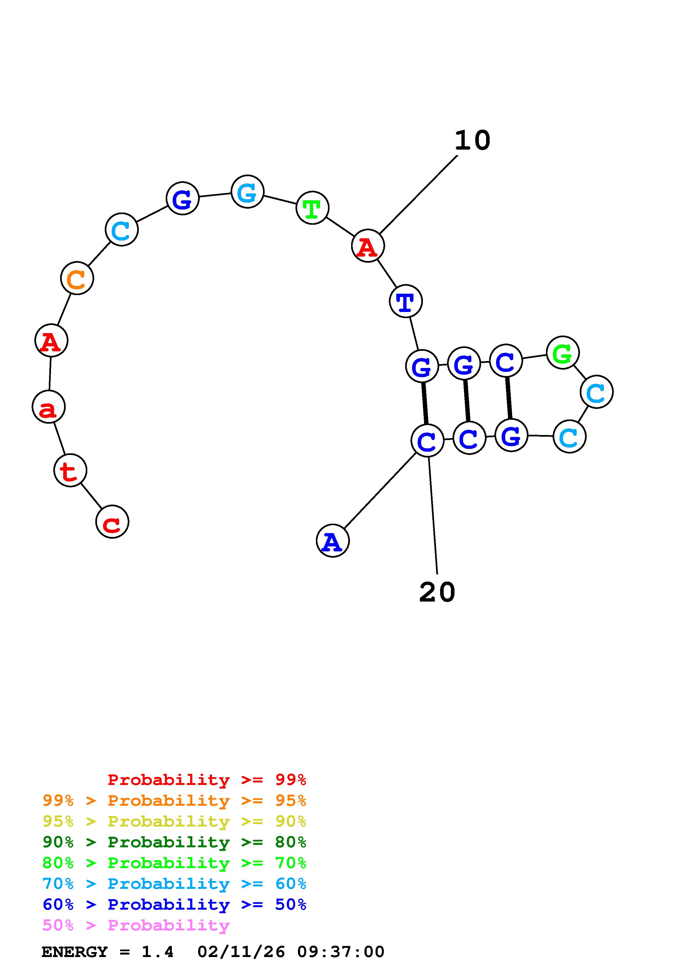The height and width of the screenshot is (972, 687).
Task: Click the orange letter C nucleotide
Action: click(x=77, y=278)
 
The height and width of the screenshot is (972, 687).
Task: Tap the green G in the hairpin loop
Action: click(x=563, y=353)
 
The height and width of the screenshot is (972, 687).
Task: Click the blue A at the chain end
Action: click(x=333, y=541)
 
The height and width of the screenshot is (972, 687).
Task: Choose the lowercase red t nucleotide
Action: click(x=70, y=470)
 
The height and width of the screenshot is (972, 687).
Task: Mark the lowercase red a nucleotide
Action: click(x=49, y=407)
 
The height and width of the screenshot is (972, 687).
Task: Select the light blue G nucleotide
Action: click(x=248, y=191)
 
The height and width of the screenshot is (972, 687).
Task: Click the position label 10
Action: click(x=473, y=140)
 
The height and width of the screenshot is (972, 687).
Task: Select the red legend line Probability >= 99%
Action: click(x=207, y=779)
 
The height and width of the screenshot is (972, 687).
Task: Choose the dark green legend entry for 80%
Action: click(x=174, y=842)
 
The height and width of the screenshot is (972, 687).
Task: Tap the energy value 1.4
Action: click(x=157, y=952)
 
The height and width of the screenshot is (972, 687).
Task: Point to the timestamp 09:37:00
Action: click(x=341, y=952)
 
